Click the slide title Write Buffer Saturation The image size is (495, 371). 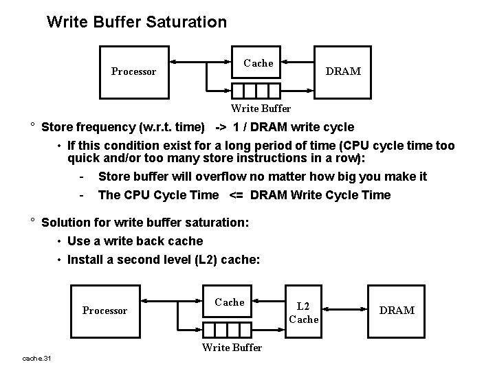click(136, 22)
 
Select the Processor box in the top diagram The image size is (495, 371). click(133, 71)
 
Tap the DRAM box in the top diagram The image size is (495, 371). click(342, 71)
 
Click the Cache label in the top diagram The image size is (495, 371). click(258, 63)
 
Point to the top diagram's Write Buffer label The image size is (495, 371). click(261, 108)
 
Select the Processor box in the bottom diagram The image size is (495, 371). click(104, 310)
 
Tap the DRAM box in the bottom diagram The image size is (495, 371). click(397, 310)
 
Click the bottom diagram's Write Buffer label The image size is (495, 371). click(232, 348)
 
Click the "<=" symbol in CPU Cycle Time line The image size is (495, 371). click(234, 195)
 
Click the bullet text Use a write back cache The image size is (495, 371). click(135, 241)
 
